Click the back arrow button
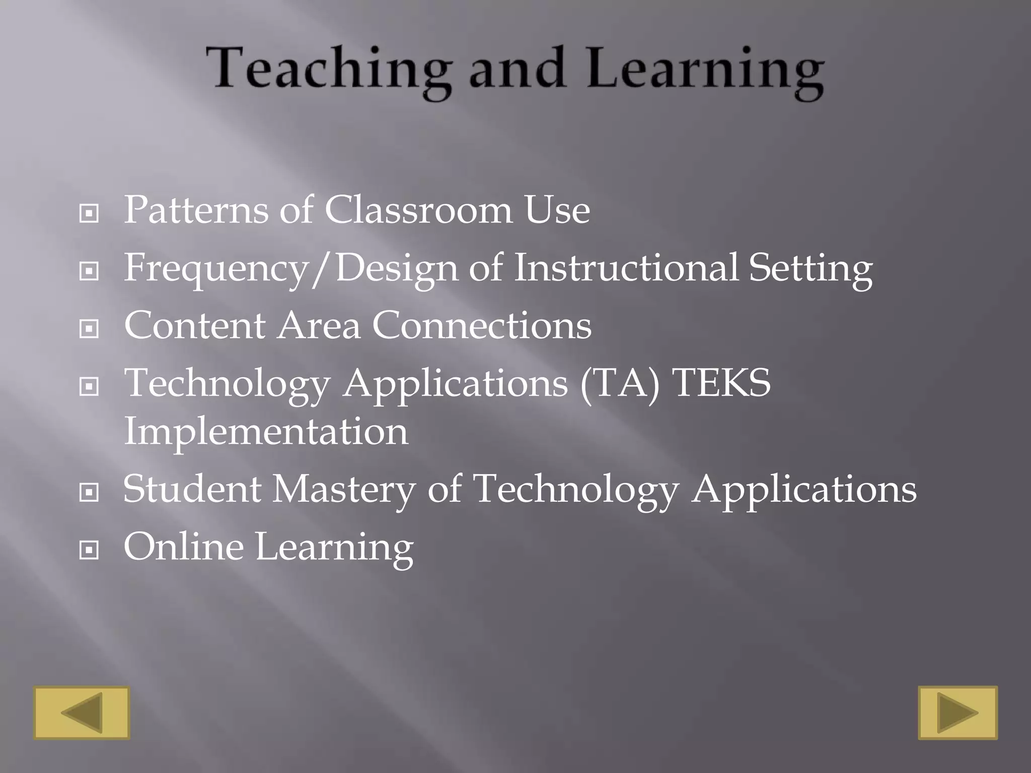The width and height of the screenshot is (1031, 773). (x=82, y=713)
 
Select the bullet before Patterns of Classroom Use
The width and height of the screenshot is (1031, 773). (x=89, y=214)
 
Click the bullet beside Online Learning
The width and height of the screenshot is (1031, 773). (x=89, y=551)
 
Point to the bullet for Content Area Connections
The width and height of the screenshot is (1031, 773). (x=89, y=330)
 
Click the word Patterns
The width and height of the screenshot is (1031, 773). (x=196, y=210)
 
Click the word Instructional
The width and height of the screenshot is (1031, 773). (x=626, y=267)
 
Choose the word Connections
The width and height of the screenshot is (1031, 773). (x=482, y=326)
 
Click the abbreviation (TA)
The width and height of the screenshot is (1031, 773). (x=620, y=384)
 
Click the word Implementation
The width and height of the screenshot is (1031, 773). (x=266, y=431)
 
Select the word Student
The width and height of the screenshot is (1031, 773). (x=192, y=489)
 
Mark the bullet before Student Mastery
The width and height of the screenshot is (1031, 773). (x=89, y=493)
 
